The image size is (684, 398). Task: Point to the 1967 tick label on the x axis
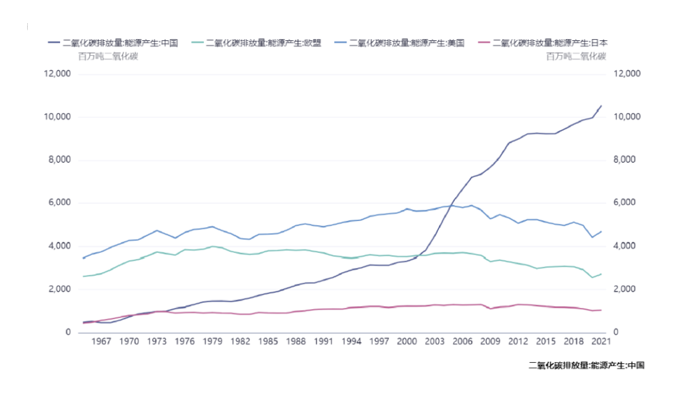(101, 341)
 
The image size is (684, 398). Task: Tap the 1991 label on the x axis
(323, 341)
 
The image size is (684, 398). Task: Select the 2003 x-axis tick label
(434, 341)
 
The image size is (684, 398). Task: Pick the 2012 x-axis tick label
(518, 341)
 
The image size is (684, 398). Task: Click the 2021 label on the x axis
(601, 341)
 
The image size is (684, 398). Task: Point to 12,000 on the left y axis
(58, 74)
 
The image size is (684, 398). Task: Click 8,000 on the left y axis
(60, 160)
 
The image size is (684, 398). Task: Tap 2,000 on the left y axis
(60, 289)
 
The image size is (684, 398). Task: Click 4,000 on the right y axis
(626, 246)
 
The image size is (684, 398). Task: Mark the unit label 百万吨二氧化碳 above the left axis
(108, 56)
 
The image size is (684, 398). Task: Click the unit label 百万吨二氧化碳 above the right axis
(576, 56)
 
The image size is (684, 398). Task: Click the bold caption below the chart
(586, 366)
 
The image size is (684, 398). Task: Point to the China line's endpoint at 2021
(601, 105)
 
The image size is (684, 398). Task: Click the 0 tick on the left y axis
(69, 332)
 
